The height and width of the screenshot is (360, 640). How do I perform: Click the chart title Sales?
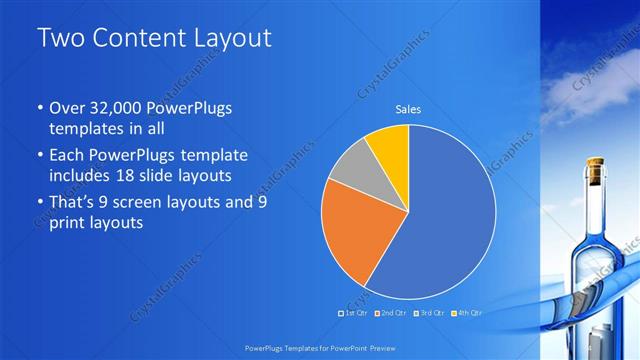tap(408, 109)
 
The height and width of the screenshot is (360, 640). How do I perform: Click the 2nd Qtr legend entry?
tap(392, 313)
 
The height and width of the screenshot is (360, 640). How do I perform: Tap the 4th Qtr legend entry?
tap(468, 313)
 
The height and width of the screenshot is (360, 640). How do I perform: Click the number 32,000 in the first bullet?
tap(114, 108)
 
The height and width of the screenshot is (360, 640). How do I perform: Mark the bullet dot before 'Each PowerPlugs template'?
tap(39, 156)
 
